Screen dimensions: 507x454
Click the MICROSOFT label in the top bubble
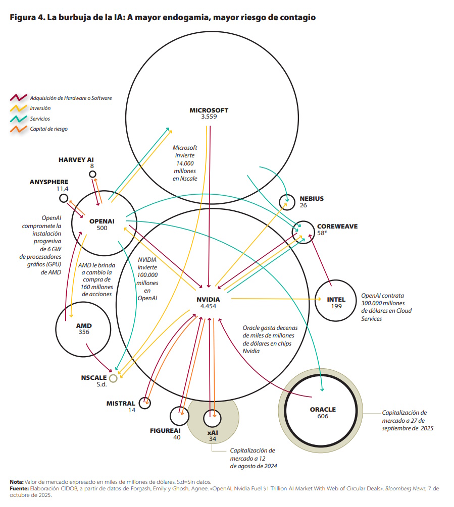[209, 110]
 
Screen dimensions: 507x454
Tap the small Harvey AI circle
[92, 174]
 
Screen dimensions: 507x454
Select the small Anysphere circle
[64, 198]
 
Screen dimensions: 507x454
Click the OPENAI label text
[102, 221]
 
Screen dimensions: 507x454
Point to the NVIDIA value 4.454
[208, 306]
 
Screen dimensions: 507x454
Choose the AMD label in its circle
[84, 325]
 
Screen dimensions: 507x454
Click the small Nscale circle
[113, 378]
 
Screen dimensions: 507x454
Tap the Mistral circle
[145, 403]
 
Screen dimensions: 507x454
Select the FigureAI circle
[178, 416]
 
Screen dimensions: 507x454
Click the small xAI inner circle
[212, 418]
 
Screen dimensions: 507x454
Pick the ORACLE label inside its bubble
[323, 409]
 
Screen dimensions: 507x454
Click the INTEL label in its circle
[336, 299]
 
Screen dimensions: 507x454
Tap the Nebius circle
[287, 202]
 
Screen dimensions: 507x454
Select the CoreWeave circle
[304, 233]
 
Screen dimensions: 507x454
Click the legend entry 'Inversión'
[40, 108]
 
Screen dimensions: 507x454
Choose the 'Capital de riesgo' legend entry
[48, 129]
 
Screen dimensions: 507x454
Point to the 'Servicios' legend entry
[40, 119]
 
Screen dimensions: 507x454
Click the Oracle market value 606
[323, 416]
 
